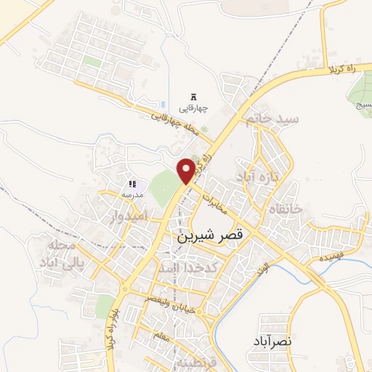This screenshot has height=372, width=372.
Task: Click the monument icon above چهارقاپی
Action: pyautogui.click(x=193, y=97)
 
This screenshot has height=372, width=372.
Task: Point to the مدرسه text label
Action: pyautogui.click(x=132, y=195)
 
